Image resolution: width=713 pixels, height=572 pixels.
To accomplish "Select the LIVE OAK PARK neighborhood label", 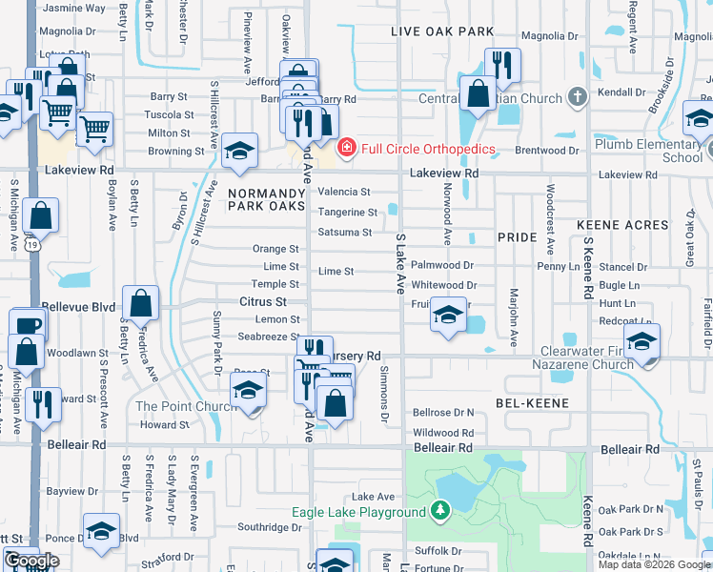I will tap(443, 31).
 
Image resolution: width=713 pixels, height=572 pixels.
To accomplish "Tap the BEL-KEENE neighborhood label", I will tap(532, 403).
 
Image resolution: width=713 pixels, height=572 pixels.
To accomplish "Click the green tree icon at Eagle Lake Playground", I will tap(439, 512).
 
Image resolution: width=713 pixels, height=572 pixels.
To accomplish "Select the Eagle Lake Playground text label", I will tap(357, 512).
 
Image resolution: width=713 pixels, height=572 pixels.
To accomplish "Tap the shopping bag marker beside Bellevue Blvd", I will tap(141, 305).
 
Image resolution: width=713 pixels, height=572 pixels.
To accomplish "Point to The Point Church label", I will tap(184, 406).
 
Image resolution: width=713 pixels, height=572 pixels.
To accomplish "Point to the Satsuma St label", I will tap(344, 232).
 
